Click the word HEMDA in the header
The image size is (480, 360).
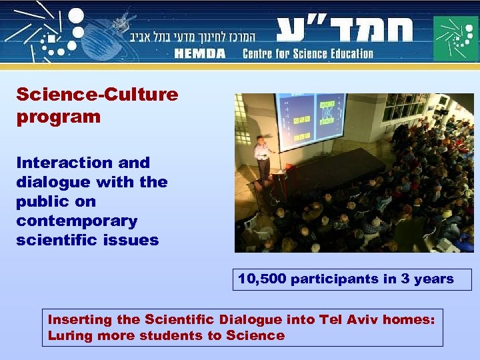(x=201, y=53)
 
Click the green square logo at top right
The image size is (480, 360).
(x=456, y=38)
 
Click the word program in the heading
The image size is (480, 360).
(x=59, y=117)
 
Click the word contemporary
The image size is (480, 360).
(x=77, y=221)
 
